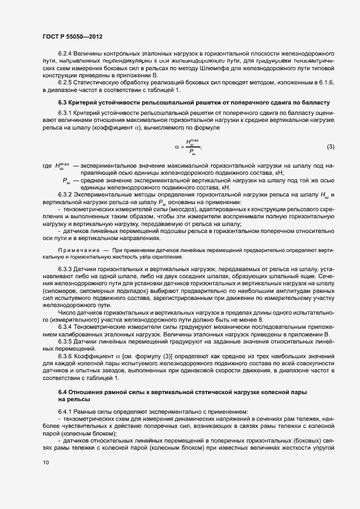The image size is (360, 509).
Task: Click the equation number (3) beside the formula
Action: pos(330,147)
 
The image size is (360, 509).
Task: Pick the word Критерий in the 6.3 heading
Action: pos(81,103)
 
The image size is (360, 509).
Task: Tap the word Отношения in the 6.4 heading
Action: pos(85,393)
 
